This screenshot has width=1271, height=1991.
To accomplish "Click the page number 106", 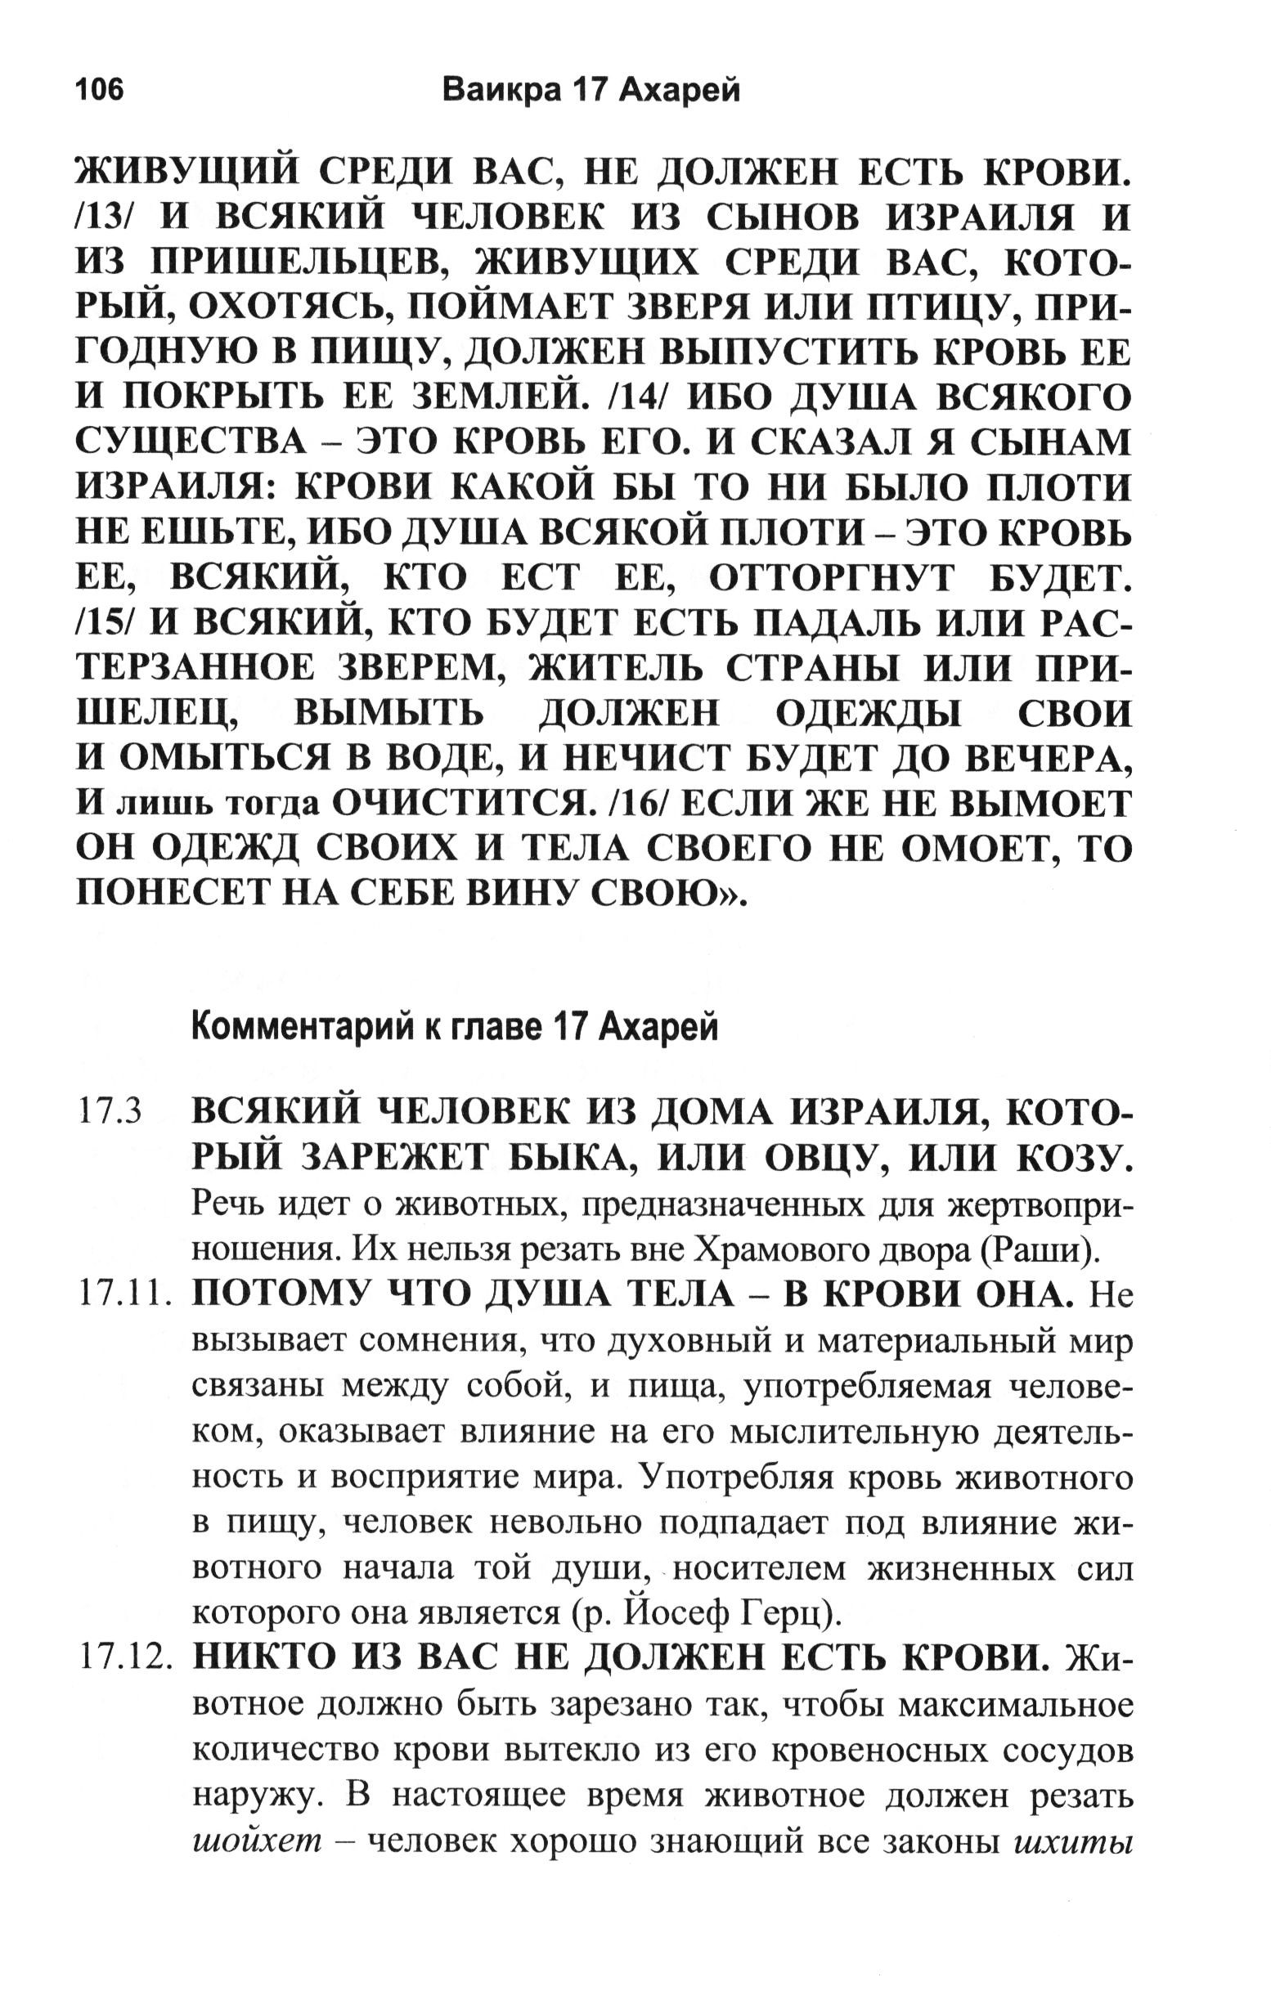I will pos(99,89).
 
